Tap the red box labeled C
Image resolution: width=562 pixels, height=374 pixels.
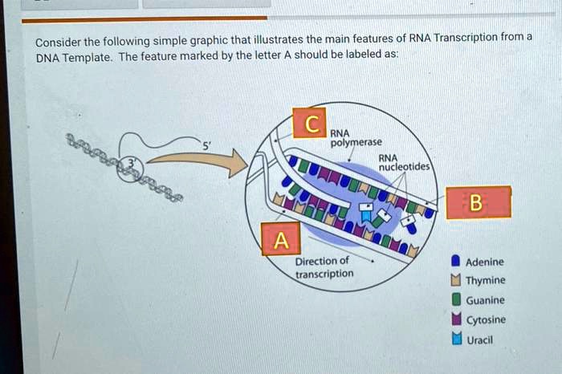309,123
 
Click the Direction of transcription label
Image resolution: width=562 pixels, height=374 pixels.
324,267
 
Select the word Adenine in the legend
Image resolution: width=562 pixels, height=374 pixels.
485,262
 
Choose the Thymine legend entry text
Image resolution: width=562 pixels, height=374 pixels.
486,281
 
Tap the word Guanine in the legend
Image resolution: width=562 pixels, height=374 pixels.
486,300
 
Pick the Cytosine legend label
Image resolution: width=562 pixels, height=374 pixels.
486,319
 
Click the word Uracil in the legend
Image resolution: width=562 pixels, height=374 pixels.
479,339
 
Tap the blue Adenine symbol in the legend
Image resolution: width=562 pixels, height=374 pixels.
455,262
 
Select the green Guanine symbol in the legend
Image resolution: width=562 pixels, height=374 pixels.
455,300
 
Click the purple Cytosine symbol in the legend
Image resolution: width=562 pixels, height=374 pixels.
455,319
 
